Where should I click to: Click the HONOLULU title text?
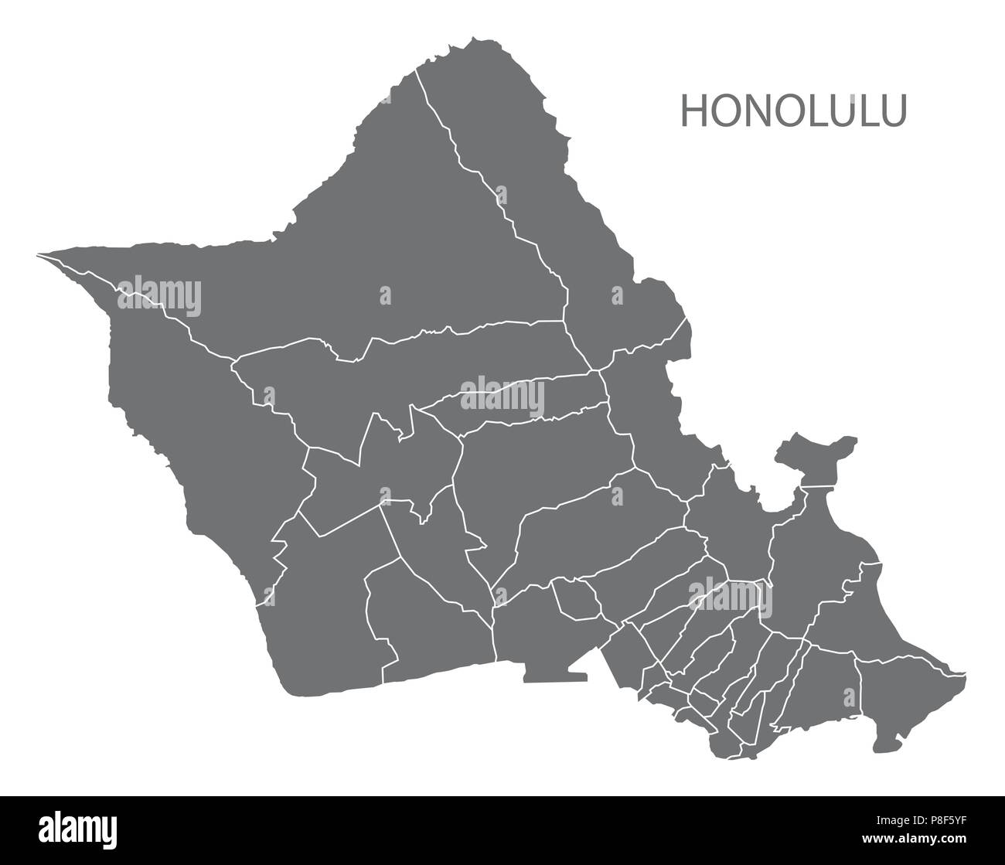tap(793, 111)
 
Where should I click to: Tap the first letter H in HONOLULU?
tap(693, 111)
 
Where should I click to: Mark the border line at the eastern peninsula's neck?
tap(820, 486)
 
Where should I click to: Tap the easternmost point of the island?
tap(964, 672)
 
